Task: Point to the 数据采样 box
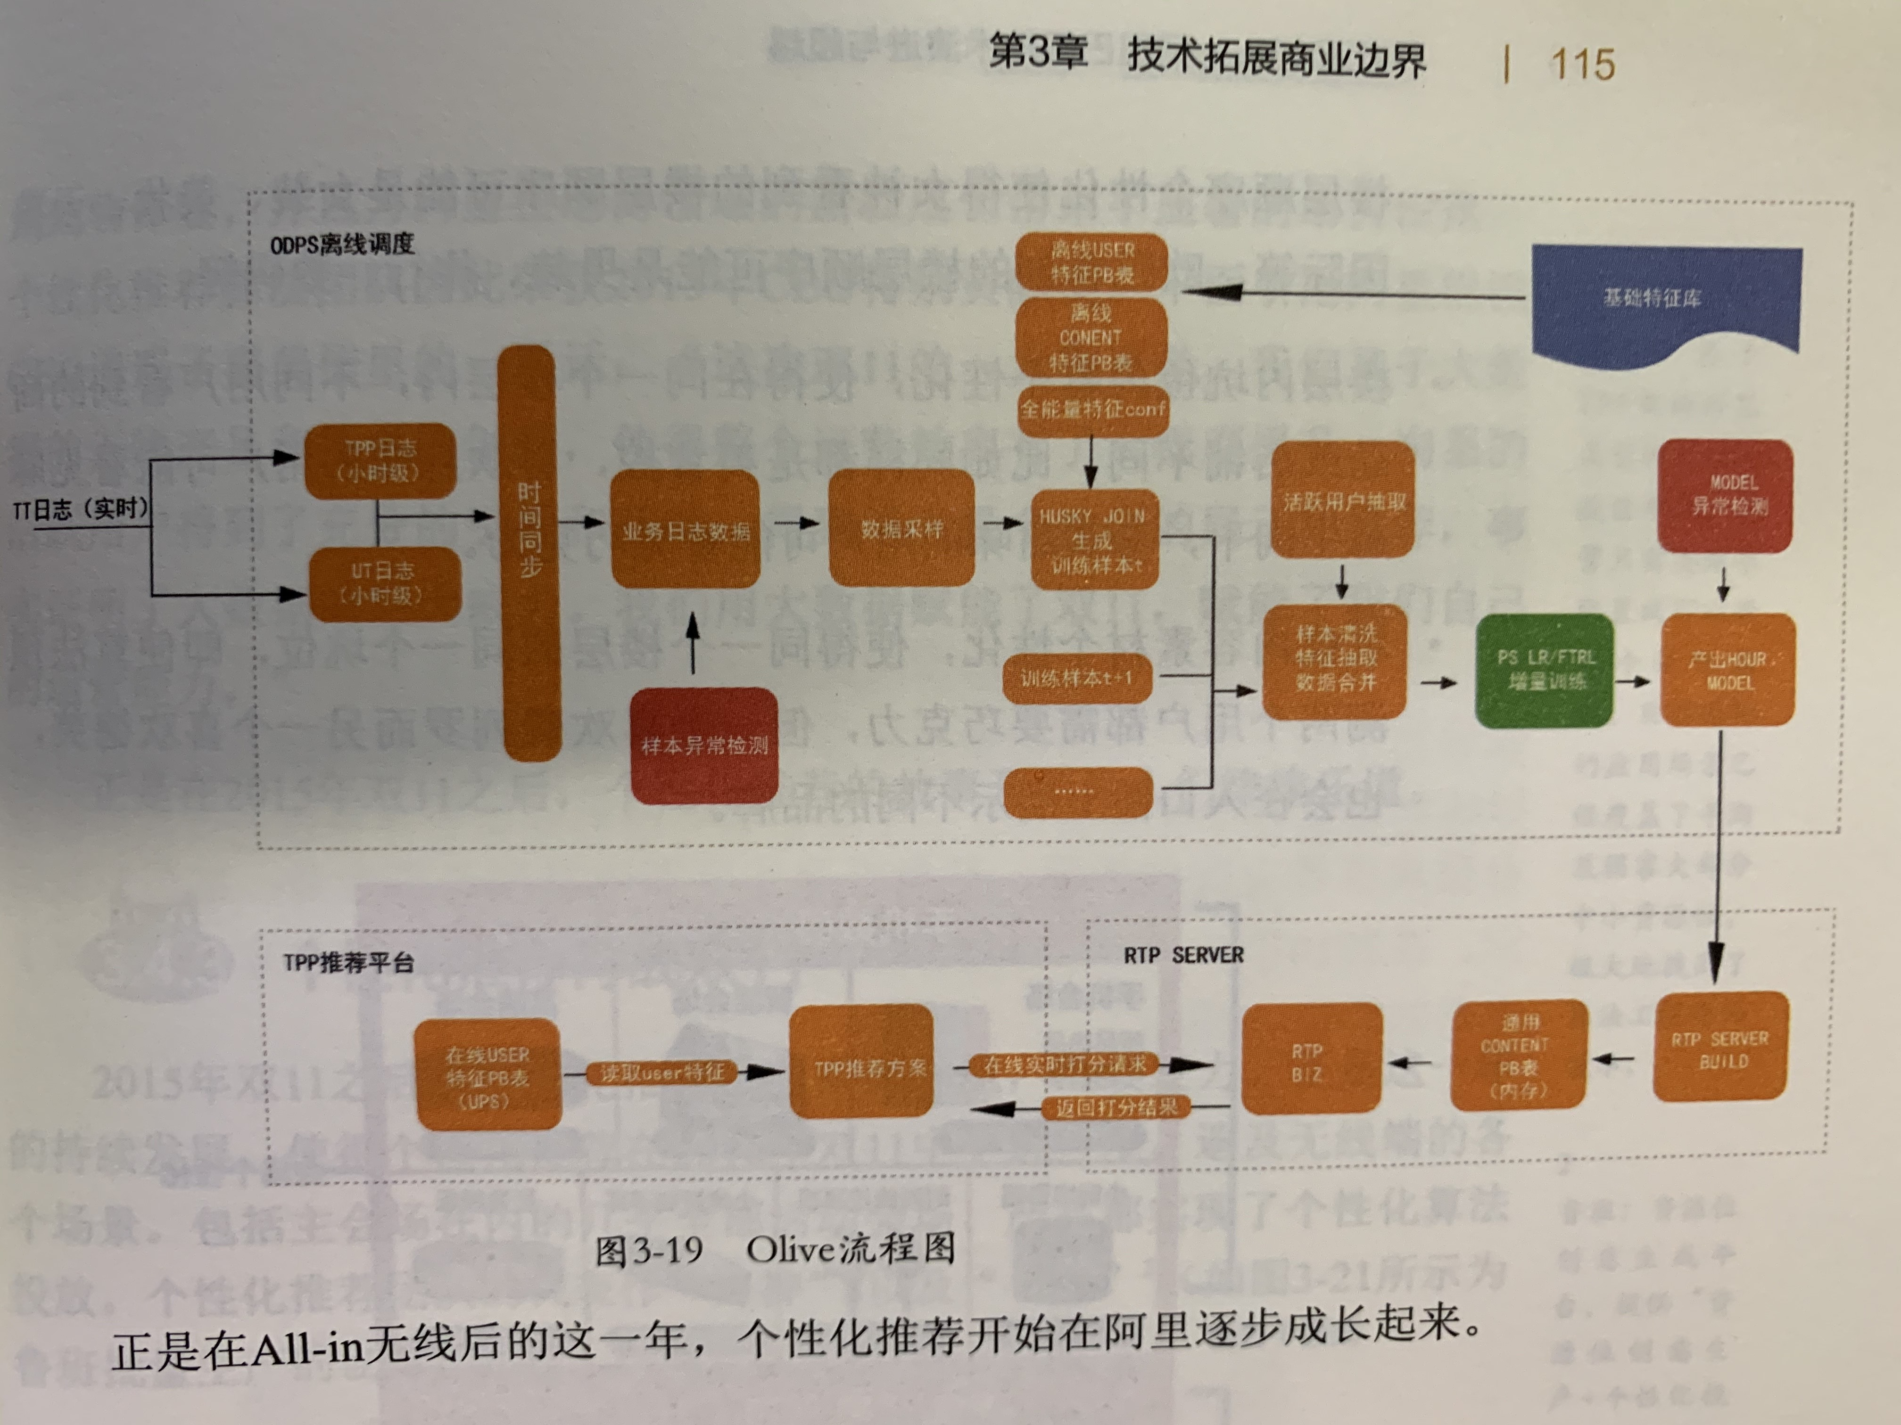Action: pos(901,528)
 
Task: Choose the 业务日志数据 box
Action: pos(685,530)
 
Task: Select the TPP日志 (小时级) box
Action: pos(380,460)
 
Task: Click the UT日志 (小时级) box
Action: pos(384,584)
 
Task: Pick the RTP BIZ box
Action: pos(1311,1061)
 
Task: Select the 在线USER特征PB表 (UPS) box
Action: pos(488,1075)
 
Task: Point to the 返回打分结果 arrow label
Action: pos(1116,1108)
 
